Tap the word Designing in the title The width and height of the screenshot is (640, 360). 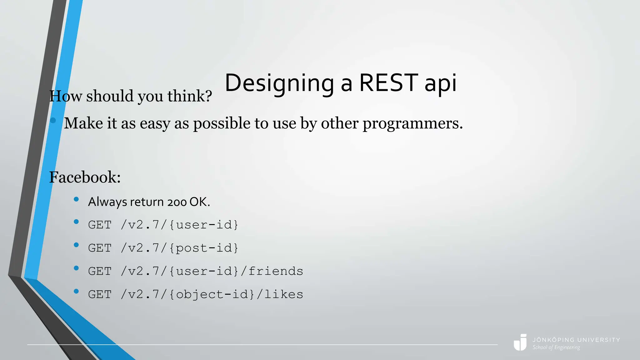tap(279, 83)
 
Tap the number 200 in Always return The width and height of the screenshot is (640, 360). tap(177, 202)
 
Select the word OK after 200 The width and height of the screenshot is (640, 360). tap(199, 202)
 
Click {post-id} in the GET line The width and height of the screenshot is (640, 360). tap(204, 248)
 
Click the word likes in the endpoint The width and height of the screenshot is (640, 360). tap(283, 294)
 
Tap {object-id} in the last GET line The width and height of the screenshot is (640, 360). tap(212, 294)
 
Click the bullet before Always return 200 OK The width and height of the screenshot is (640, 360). tap(76, 199)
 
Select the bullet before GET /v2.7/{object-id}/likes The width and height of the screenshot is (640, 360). tap(76, 291)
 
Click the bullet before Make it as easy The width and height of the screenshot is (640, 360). tap(53, 120)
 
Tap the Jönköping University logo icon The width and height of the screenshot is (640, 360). tap(520, 342)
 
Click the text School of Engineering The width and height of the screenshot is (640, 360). tap(556, 347)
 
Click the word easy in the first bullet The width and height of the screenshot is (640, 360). tap(155, 123)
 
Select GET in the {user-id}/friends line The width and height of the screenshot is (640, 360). tap(100, 271)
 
